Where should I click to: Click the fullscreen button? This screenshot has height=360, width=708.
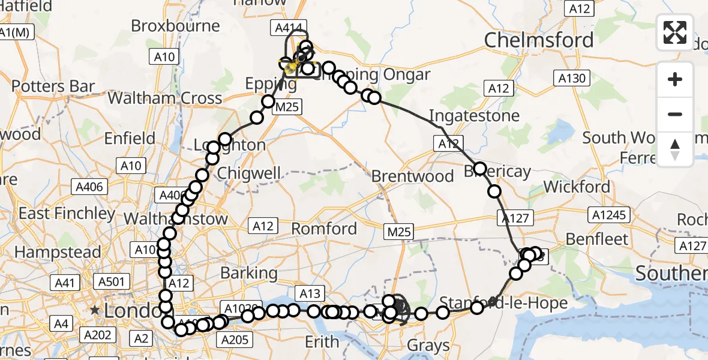675,32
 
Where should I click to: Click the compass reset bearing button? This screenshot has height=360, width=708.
675,149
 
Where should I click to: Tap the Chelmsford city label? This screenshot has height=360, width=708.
539,41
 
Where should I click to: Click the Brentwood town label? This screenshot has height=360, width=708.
413,176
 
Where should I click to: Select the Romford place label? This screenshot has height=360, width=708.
324,229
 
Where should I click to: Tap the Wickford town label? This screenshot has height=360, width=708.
577,187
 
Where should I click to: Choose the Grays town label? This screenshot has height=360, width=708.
428,346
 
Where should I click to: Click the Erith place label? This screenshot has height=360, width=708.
322,342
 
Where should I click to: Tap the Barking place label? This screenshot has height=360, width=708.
249,273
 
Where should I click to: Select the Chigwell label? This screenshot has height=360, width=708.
249,173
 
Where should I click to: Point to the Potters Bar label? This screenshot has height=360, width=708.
53,86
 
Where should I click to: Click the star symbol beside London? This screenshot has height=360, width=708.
94,311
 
